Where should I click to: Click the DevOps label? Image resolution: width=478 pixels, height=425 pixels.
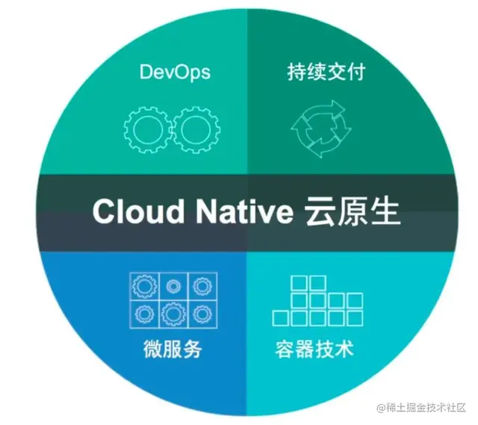[x=175, y=72]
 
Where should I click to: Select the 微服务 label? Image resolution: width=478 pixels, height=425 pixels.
[x=172, y=349]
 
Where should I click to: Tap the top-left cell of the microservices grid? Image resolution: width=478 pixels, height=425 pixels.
[x=142, y=285]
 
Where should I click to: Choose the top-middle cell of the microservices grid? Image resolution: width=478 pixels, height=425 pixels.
[x=173, y=285]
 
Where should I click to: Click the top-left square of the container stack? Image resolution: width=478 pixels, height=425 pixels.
[x=298, y=283]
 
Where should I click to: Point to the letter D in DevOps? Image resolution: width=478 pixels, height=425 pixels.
[x=145, y=72]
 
